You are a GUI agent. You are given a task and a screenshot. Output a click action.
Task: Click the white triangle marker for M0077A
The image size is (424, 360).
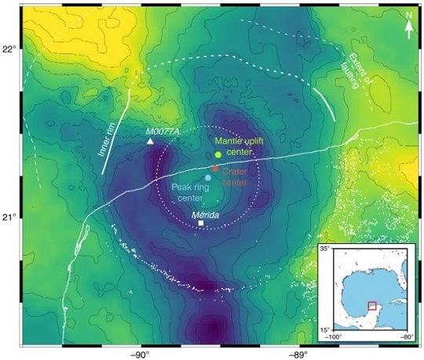(x=151, y=141)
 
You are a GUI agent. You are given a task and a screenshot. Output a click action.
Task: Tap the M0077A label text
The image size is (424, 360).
(x=163, y=131)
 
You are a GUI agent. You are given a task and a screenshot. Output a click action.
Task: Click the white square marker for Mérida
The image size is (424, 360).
(x=202, y=224)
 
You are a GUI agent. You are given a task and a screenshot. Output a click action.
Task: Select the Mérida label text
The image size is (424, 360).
(x=205, y=214)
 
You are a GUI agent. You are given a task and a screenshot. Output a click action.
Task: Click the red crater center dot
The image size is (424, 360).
(x=215, y=169)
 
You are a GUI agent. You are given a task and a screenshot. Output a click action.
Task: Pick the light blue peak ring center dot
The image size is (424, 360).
(x=207, y=178)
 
